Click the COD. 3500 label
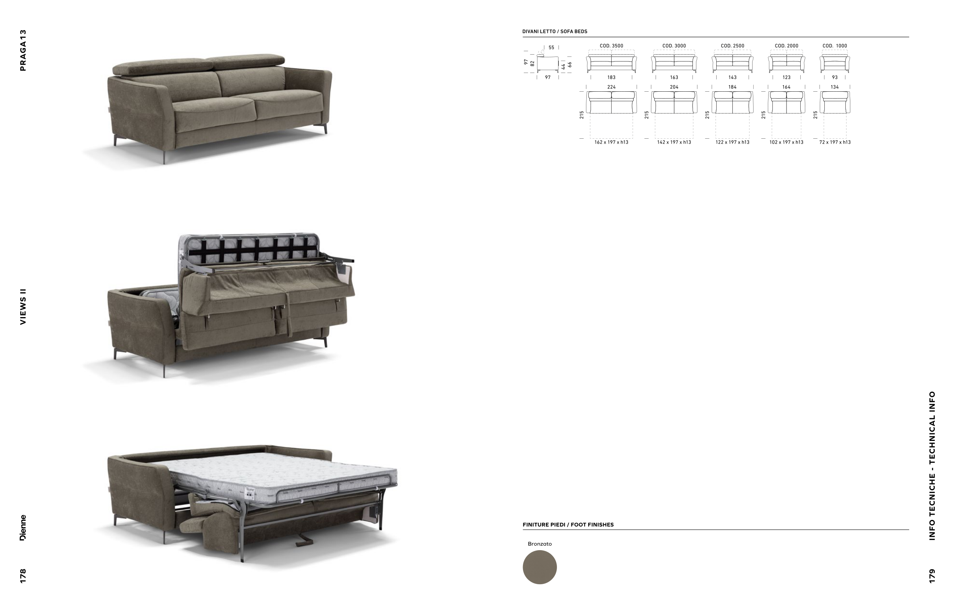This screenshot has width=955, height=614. (611, 46)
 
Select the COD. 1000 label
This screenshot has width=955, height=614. (835, 46)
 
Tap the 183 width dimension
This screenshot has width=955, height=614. (611, 77)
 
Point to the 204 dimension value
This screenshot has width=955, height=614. (673, 87)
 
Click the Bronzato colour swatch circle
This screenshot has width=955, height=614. (539, 567)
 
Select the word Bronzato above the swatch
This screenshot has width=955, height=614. (539, 544)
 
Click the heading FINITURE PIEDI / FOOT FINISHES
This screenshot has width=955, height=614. (568, 525)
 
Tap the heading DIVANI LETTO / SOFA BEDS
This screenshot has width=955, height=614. (554, 31)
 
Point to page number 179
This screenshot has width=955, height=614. (932, 576)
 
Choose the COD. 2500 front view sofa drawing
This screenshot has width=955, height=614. (732, 63)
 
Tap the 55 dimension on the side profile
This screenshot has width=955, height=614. (551, 47)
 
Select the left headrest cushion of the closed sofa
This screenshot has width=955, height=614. (162, 66)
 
